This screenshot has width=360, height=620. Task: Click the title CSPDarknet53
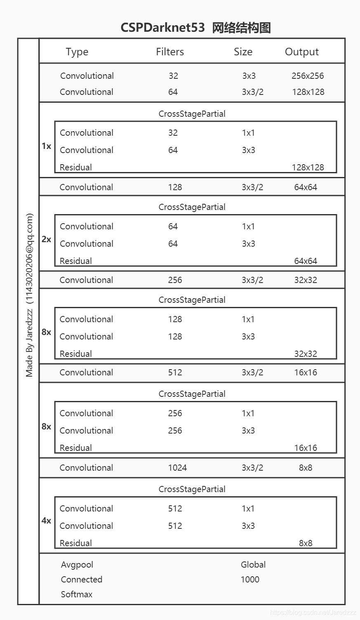click(x=162, y=28)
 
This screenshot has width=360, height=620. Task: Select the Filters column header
click(x=170, y=52)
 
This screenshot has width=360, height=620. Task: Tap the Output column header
click(x=302, y=52)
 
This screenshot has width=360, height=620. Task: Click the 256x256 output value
click(x=308, y=76)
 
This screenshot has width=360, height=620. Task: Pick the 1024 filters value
click(x=177, y=468)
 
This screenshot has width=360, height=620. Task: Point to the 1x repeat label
click(x=46, y=146)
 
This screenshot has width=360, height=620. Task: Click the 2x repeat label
click(x=46, y=239)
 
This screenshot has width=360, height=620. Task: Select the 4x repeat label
click(x=46, y=521)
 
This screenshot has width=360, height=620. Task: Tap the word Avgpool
click(x=77, y=565)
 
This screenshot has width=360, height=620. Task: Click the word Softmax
click(x=77, y=594)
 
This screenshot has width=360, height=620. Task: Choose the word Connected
click(x=82, y=580)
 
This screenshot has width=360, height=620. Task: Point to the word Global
click(x=253, y=565)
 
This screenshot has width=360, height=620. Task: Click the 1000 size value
click(x=250, y=580)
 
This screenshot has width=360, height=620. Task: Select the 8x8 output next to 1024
click(x=306, y=468)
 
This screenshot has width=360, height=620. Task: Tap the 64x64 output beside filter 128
click(x=306, y=187)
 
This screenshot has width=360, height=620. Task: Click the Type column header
click(x=77, y=52)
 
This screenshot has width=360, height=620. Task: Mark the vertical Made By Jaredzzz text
click(x=29, y=295)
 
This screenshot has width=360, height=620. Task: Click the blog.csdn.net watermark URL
click(x=313, y=613)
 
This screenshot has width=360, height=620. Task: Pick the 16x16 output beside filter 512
click(x=306, y=372)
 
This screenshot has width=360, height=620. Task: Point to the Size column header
click(x=243, y=52)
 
